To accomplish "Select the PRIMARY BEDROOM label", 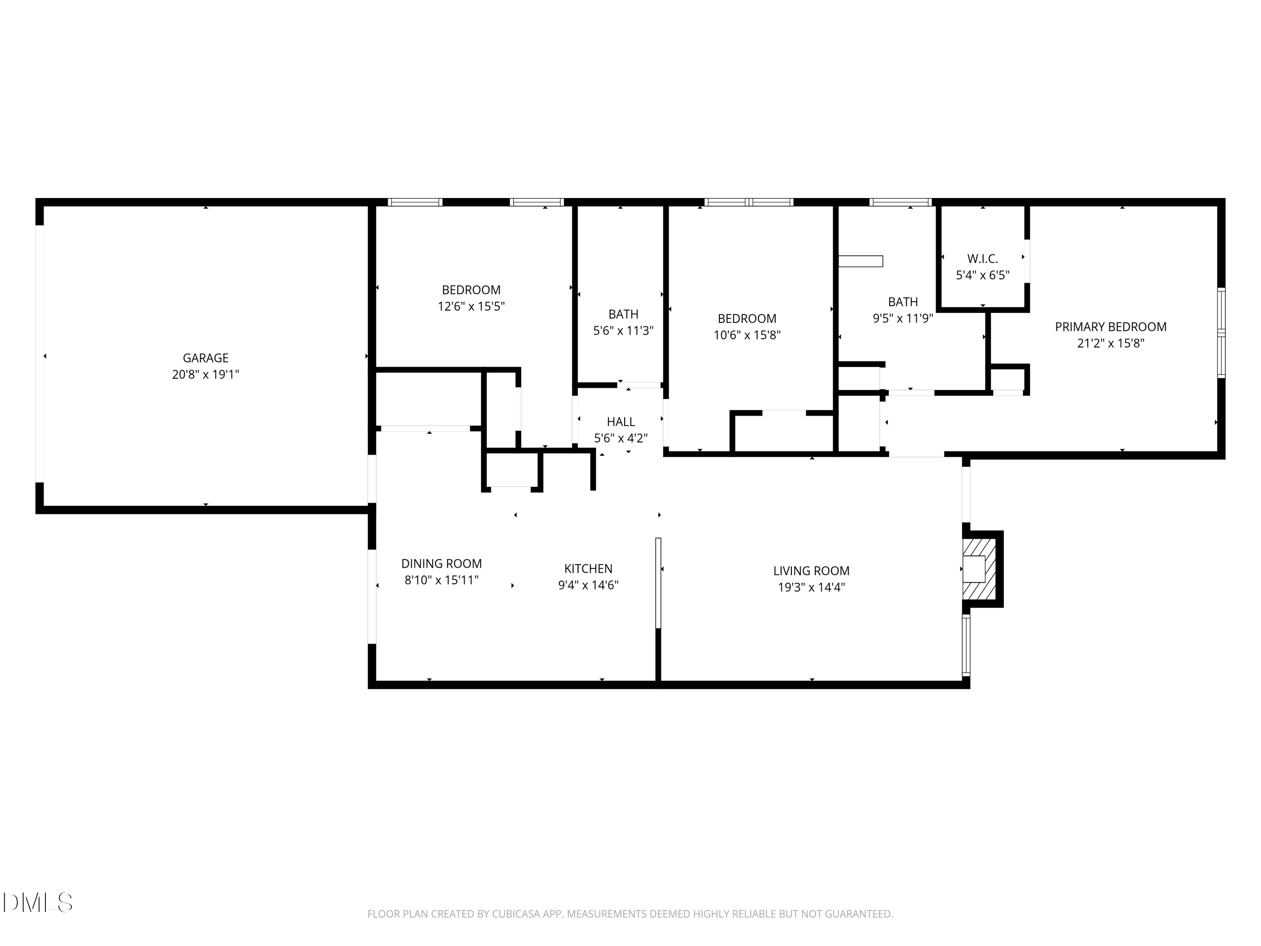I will (x=1110, y=327).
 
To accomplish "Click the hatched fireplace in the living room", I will (x=979, y=569).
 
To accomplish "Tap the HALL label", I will (x=621, y=422).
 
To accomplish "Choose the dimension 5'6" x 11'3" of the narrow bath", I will (x=623, y=331).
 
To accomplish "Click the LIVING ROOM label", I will (x=811, y=571).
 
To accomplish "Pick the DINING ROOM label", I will (x=441, y=564).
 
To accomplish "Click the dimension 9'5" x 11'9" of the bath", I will (x=902, y=318).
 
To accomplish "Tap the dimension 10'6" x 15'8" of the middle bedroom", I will (x=747, y=335).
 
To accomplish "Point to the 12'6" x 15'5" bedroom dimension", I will (x=471, y=306).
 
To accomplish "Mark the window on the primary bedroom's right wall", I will (x=1221, y=333).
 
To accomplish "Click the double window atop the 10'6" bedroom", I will (x=749, y=202).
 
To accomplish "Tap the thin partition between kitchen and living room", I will (x=658, y=581).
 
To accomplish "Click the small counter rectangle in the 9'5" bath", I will (x=860, y=261).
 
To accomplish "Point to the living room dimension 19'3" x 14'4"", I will (x=811, y=587).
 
